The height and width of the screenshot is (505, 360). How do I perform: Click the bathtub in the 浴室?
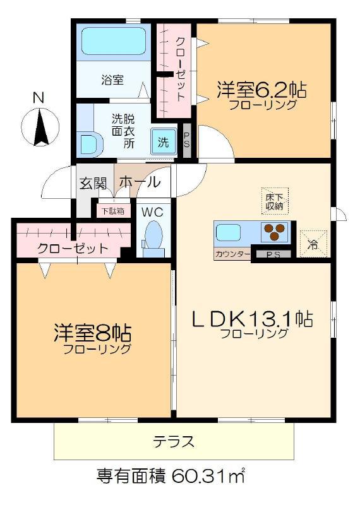click(113, 41)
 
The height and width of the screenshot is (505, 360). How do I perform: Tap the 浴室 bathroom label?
click(112, 80)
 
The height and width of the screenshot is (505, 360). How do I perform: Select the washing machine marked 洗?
click(164, 141)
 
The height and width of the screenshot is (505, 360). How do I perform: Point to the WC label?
click(152, 212)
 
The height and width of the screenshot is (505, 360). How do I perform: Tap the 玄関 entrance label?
click(93, 183)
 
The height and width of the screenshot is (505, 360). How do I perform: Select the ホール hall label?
click(140, 182)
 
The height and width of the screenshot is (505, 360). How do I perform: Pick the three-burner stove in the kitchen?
click(275, 232)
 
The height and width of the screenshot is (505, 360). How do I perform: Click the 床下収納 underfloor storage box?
click(275, 201)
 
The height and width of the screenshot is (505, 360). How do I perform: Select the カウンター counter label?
click(232, 254)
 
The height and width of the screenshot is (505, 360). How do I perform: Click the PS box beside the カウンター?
click(273, 254)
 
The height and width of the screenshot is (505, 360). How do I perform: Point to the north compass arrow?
click(40, 128)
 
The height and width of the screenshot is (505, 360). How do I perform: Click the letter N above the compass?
click(39, 98)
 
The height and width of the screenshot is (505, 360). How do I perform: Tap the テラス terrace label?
click(174, 441)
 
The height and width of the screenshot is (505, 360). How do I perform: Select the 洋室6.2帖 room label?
click(261, 90)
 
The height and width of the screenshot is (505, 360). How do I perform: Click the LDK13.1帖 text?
click(252, 319)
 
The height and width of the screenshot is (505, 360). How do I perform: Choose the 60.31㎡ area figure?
click(208, 476)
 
